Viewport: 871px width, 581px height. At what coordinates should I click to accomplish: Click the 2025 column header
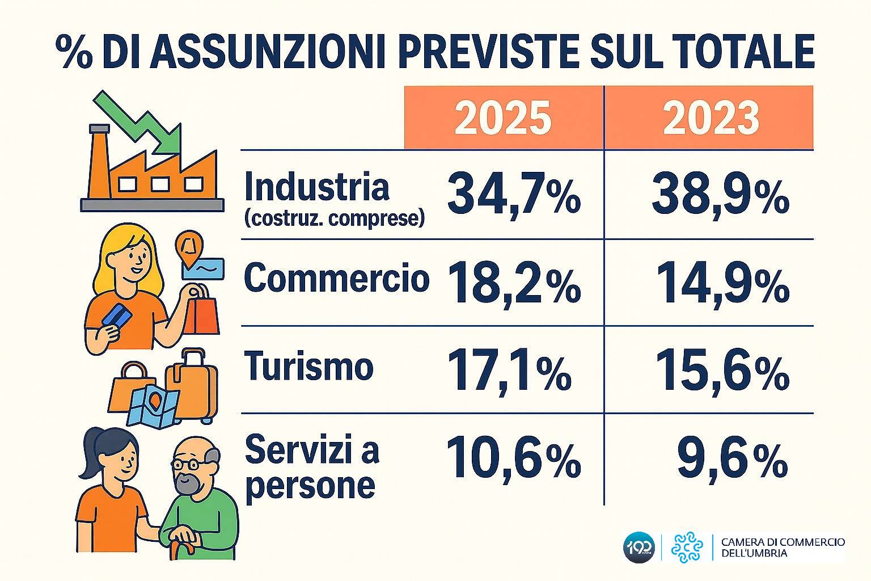[503, 118]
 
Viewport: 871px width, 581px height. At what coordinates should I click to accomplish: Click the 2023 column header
[711, 118]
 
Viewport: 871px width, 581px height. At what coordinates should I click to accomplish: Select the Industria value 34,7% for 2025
[513, 194]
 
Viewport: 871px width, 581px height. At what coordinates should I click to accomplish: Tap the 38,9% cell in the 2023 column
[720, 194]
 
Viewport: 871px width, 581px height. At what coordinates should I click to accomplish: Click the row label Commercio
[336, 278]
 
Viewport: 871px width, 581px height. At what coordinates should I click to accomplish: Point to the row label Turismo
[309, 366]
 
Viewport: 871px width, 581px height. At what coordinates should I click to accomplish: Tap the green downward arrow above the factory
[142, 122]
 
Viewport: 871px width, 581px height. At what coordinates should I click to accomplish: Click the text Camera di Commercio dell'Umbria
[782, 547]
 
